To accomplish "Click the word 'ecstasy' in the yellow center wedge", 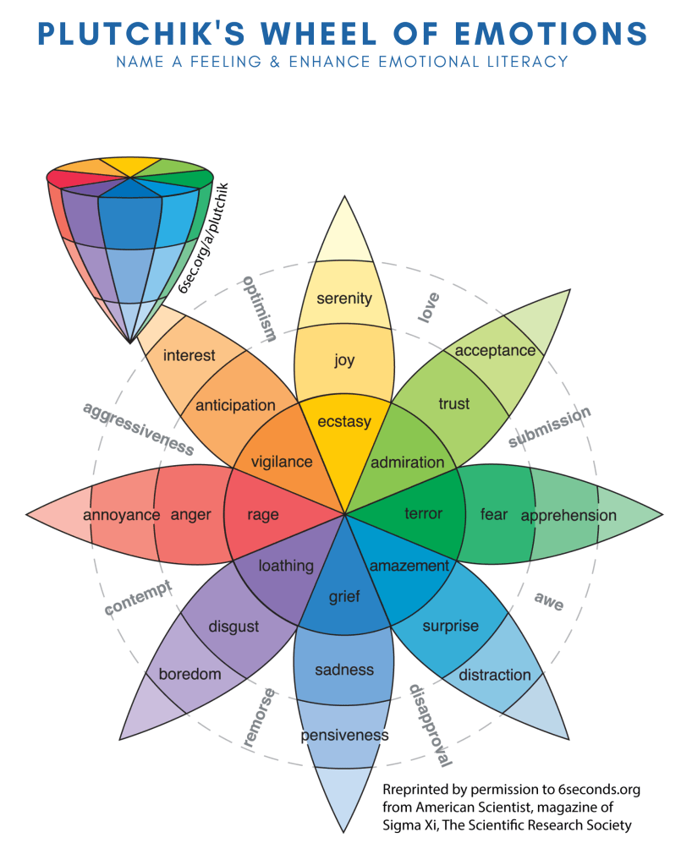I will [x=343, y=420].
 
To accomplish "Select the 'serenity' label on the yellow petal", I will [x=343, y=298].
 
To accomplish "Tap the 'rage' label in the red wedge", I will [x=262, y=514].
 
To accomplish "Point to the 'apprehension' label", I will [x=568, y=515].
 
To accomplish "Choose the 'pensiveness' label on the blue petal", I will [x=344, y=735].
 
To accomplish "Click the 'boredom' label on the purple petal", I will [x=189, y=674].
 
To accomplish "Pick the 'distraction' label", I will [x=494, y=675].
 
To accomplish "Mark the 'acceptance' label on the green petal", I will [x=495, y=349].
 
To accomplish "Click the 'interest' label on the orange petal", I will [x=189, y=355].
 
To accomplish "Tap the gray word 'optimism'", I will [x=260, y=308].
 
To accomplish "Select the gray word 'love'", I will [x=429, y=307].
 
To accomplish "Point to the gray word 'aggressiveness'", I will [x=138, y=428].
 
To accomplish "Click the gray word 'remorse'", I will [x=259, y=717].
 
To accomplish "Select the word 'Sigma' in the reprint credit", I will [x=404, y=825].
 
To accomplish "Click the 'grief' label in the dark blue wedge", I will [x=343, y=597].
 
